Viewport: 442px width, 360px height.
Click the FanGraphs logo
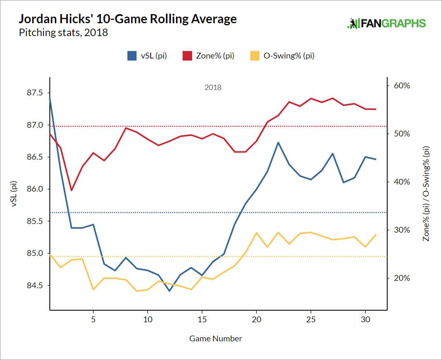click(x=386, y=23)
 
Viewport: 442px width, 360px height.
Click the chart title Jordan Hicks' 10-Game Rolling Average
click(x=128, y=19)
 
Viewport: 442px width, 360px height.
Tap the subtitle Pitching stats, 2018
click(x=63, y=32)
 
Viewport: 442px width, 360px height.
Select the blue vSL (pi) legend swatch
click(x=132, y=56)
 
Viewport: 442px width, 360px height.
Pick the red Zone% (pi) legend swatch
click(x=187, y=56)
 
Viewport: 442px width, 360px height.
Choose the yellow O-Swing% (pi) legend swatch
click(x=255, y=56)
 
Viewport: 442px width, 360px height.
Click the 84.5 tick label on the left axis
click(x=34, y=285)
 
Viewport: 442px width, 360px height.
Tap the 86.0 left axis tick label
click(x=34, y=189)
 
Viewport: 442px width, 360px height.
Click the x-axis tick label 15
click(x=202, y=320)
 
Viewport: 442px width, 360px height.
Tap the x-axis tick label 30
click(x=365, y=320)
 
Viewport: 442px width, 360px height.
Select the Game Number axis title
click(x=215, y=338)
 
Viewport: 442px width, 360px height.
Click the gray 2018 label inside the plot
click(x=213, y=88)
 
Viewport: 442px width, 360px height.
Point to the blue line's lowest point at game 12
click(x=169, y=291)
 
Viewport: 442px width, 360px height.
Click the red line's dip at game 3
click(x=71, y=190)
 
